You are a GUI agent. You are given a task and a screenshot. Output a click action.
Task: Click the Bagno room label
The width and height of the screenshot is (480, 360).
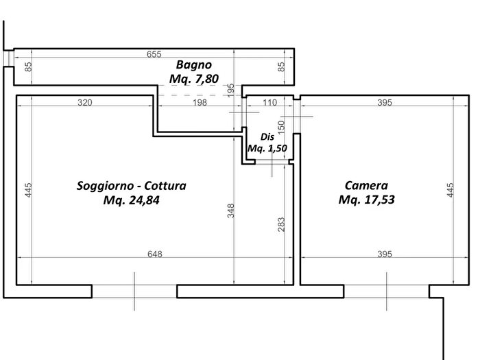tap(194, 65)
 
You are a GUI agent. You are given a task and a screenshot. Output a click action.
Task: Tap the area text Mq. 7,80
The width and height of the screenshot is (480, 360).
tap(194, 79)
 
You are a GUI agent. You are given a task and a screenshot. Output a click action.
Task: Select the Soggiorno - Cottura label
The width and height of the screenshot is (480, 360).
tap(132, 186)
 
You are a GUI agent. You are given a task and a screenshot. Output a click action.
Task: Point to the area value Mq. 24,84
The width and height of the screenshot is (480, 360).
tap(132, 200)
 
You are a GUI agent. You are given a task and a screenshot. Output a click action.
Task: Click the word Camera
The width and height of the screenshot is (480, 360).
tap(366, 186)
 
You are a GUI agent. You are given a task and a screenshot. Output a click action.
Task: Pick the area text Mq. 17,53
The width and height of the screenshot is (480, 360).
tap(366, 200)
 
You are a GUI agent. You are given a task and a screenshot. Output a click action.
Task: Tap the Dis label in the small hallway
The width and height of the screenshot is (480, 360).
tap(267, 137)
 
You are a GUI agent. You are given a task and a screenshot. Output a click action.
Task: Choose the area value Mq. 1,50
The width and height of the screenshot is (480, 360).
tap(267, 149)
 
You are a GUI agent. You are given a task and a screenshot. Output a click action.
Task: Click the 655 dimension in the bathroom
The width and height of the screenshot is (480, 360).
tap(154, 54)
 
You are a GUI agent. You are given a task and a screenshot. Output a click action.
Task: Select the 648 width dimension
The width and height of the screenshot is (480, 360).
tap(155, 254)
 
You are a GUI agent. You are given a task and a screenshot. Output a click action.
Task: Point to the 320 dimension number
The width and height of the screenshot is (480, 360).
tap(85, 103)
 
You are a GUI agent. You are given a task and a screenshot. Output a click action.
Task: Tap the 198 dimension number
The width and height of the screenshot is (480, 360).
tap(200, 103)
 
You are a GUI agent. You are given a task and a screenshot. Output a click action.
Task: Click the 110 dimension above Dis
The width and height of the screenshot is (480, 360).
tap(269, 103)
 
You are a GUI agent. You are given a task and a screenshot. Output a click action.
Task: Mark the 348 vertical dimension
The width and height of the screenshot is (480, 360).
tap(231, 211)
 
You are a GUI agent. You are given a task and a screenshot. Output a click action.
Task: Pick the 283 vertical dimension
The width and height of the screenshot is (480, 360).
tap(281, 224)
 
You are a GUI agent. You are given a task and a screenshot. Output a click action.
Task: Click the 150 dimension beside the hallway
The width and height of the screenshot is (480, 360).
tap(281, 126)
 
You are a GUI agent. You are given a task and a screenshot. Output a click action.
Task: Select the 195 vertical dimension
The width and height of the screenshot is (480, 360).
tap(231, 90)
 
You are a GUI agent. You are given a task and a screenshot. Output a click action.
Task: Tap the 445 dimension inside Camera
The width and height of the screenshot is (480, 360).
tap(450, 190)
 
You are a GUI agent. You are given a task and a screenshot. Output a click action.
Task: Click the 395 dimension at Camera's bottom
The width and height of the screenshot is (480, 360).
tap(385, 254)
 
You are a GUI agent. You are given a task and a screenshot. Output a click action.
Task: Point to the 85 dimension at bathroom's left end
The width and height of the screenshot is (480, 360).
tap(28, 67)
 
